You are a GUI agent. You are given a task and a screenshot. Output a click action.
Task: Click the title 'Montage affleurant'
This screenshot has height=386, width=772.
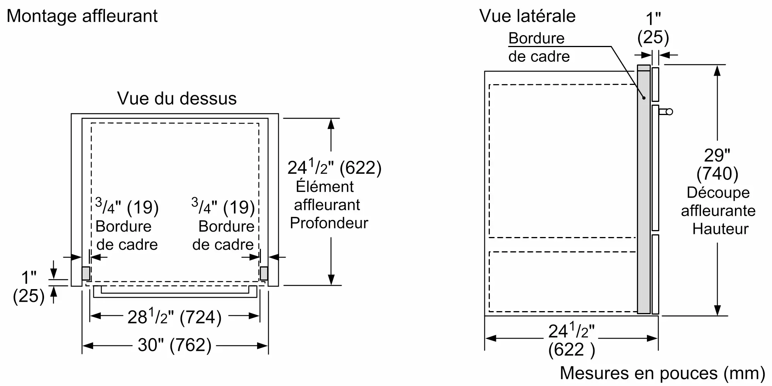(x=82, y=16)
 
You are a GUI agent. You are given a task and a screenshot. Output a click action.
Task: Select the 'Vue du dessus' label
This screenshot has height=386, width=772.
(x=177, y=98)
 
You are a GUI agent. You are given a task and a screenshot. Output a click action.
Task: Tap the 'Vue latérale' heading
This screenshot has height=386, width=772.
(x=527, y=16)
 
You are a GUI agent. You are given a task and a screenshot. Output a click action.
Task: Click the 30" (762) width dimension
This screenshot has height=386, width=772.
(x=174, y=345)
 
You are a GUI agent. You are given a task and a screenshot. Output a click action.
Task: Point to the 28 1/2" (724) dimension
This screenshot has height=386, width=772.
(x=174, y=317)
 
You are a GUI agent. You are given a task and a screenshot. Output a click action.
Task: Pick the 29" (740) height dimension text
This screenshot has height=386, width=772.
(x=717, y=164)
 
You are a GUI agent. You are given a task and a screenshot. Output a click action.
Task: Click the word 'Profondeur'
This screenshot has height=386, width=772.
(x=329, y=223)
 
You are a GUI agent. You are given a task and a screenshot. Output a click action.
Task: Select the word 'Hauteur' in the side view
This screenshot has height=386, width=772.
(x=720, y=229)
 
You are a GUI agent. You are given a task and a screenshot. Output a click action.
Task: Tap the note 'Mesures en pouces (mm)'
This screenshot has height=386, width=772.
(x=662, y=373)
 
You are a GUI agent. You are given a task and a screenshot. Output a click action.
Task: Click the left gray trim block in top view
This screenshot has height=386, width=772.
(x=86, y=273)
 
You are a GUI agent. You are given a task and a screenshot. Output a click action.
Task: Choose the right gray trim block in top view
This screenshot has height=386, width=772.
(x=264, y=273)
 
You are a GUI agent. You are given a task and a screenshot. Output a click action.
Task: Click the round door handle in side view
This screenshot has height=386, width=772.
(x=669, y=112)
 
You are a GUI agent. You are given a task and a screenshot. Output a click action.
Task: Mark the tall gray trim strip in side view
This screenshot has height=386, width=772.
(x=643, y=189)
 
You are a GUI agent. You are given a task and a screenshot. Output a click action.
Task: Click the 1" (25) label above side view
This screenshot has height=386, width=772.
(x=653, y=28)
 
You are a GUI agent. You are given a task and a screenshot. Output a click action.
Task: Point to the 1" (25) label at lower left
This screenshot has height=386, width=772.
(x=29, y=287)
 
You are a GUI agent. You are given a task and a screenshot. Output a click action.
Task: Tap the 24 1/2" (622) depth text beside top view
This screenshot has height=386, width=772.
(x=334, y=168)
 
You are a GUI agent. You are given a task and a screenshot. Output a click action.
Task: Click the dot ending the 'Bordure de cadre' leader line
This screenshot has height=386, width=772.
(x=644, y=98)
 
